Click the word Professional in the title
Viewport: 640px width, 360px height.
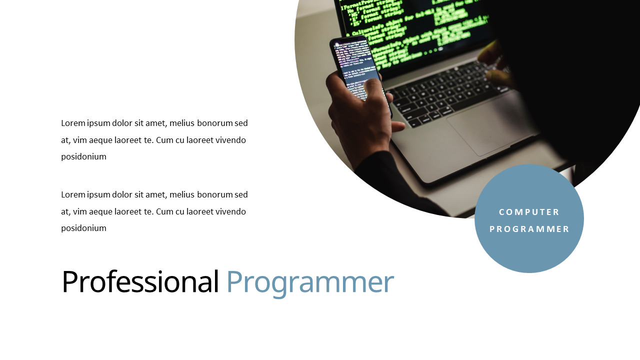coord(140,281)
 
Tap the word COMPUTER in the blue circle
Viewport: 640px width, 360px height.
coord(529,212)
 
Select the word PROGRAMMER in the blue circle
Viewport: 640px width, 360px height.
coord(529,229)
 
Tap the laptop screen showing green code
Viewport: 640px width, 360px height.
coord(415,25)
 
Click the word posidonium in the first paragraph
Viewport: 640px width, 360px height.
coord(83,156)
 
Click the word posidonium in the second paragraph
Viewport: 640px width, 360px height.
coord(83,228)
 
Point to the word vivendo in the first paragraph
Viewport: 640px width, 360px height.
coord(230,140)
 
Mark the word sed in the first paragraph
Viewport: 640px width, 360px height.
coord(241,123)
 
